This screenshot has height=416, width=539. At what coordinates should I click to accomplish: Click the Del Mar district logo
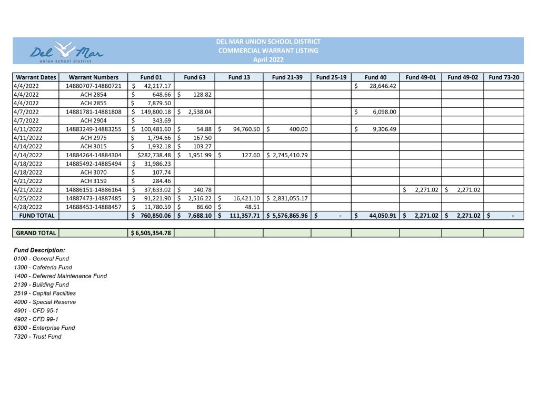[x=67, y=51]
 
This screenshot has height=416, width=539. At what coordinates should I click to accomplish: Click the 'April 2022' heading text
[x=268, y=59]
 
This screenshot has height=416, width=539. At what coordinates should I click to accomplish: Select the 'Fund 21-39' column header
[x=287, y=77]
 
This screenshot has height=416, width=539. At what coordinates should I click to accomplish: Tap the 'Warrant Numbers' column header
[x=93, y=77]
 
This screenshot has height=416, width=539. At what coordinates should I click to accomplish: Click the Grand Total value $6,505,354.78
[x=151, y=233]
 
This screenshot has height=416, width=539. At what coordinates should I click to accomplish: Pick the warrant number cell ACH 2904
[x=93, y=120]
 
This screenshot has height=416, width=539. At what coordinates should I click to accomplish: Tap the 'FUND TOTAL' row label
[x=36, y=216]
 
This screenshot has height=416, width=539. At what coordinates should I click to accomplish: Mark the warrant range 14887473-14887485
[x=93, y=198]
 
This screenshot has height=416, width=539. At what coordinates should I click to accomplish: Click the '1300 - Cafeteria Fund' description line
[x=43, y=267]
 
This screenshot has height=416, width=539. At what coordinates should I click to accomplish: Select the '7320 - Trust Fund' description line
[x=37, y=337]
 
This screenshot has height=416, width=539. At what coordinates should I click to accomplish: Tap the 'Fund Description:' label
[x=39, y=250]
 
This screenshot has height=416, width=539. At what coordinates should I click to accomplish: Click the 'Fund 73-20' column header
[x=504, y=77]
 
